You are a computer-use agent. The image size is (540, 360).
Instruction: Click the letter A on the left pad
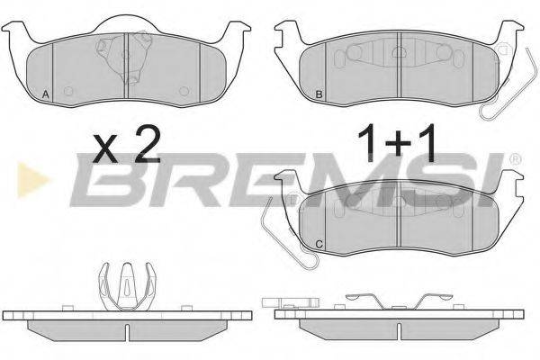(x=46, y=94)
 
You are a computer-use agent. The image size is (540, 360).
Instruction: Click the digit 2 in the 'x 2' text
(x=145, y=145)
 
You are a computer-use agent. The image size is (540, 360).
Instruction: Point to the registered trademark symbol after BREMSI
(x=515, y=159)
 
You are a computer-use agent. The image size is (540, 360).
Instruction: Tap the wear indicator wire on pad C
(x=270, y=229)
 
